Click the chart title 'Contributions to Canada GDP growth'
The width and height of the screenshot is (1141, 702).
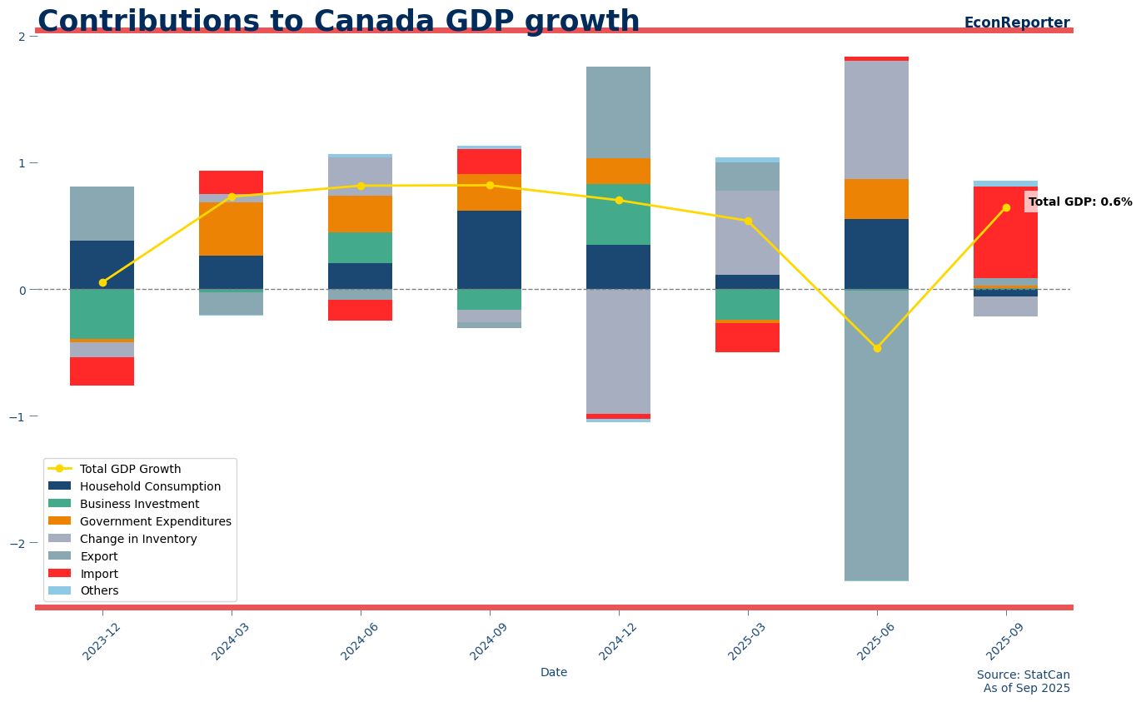[338, 22]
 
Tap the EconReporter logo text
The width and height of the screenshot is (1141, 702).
[1016, 23]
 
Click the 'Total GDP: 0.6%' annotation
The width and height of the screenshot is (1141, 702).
[1079, 202]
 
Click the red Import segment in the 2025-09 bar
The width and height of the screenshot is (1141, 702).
[1005, 232]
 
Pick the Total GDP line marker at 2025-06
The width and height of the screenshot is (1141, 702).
[877, 348]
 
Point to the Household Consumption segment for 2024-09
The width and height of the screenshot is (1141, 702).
[489, 250]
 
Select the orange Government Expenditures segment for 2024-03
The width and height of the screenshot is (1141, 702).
[231, 229]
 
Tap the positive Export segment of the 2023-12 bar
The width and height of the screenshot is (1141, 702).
[102, 214]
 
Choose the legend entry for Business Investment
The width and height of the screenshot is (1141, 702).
[139, 504]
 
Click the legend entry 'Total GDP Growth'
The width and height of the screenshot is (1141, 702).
[130, 469]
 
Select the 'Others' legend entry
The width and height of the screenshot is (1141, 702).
[99, 590]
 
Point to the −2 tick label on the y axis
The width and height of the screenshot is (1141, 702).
[22, 543]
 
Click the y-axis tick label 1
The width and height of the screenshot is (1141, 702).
[22, 163]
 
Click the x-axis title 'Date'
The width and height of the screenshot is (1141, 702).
[554, 673]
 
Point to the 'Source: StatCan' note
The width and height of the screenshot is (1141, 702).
[1023, 675]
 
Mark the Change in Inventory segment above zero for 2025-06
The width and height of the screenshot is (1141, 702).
[876, 120]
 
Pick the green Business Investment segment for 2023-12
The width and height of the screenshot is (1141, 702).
[102, 315]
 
